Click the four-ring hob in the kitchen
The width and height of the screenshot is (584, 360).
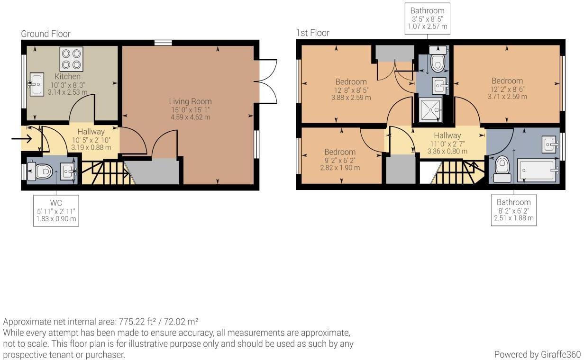click(x=71, y=59)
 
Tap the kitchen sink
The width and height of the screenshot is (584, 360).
click(x=36, y=84)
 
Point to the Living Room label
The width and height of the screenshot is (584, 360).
click(x=191, y=101)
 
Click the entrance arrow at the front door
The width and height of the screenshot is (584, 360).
click(x=22, y=139)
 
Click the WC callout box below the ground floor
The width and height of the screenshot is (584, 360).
click(x=56, y=211)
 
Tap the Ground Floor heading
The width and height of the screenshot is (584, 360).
click(x=46, y=34)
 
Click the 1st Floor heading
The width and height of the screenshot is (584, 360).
click(x=312, y=33)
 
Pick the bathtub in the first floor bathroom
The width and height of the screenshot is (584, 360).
click(x=537, y=171)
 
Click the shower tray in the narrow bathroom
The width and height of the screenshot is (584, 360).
click(x=430, y=110)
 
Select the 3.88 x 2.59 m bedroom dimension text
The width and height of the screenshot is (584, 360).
click(x=351, y=98)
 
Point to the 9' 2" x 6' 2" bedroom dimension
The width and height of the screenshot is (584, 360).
click(x=340, y=160)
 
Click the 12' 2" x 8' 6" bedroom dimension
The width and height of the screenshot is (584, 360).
click(x=507, y=90)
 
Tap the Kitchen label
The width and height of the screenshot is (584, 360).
click(x=67, y=77)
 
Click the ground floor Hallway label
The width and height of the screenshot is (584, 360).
click(x=91, y=132)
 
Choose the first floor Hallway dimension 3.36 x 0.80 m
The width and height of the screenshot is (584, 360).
click(x=447, y=151)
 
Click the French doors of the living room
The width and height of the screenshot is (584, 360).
click(x=265, y=82)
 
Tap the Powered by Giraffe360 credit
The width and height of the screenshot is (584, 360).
click(x=538, y=354)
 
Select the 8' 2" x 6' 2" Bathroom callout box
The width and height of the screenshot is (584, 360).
click(x=514, y=210)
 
